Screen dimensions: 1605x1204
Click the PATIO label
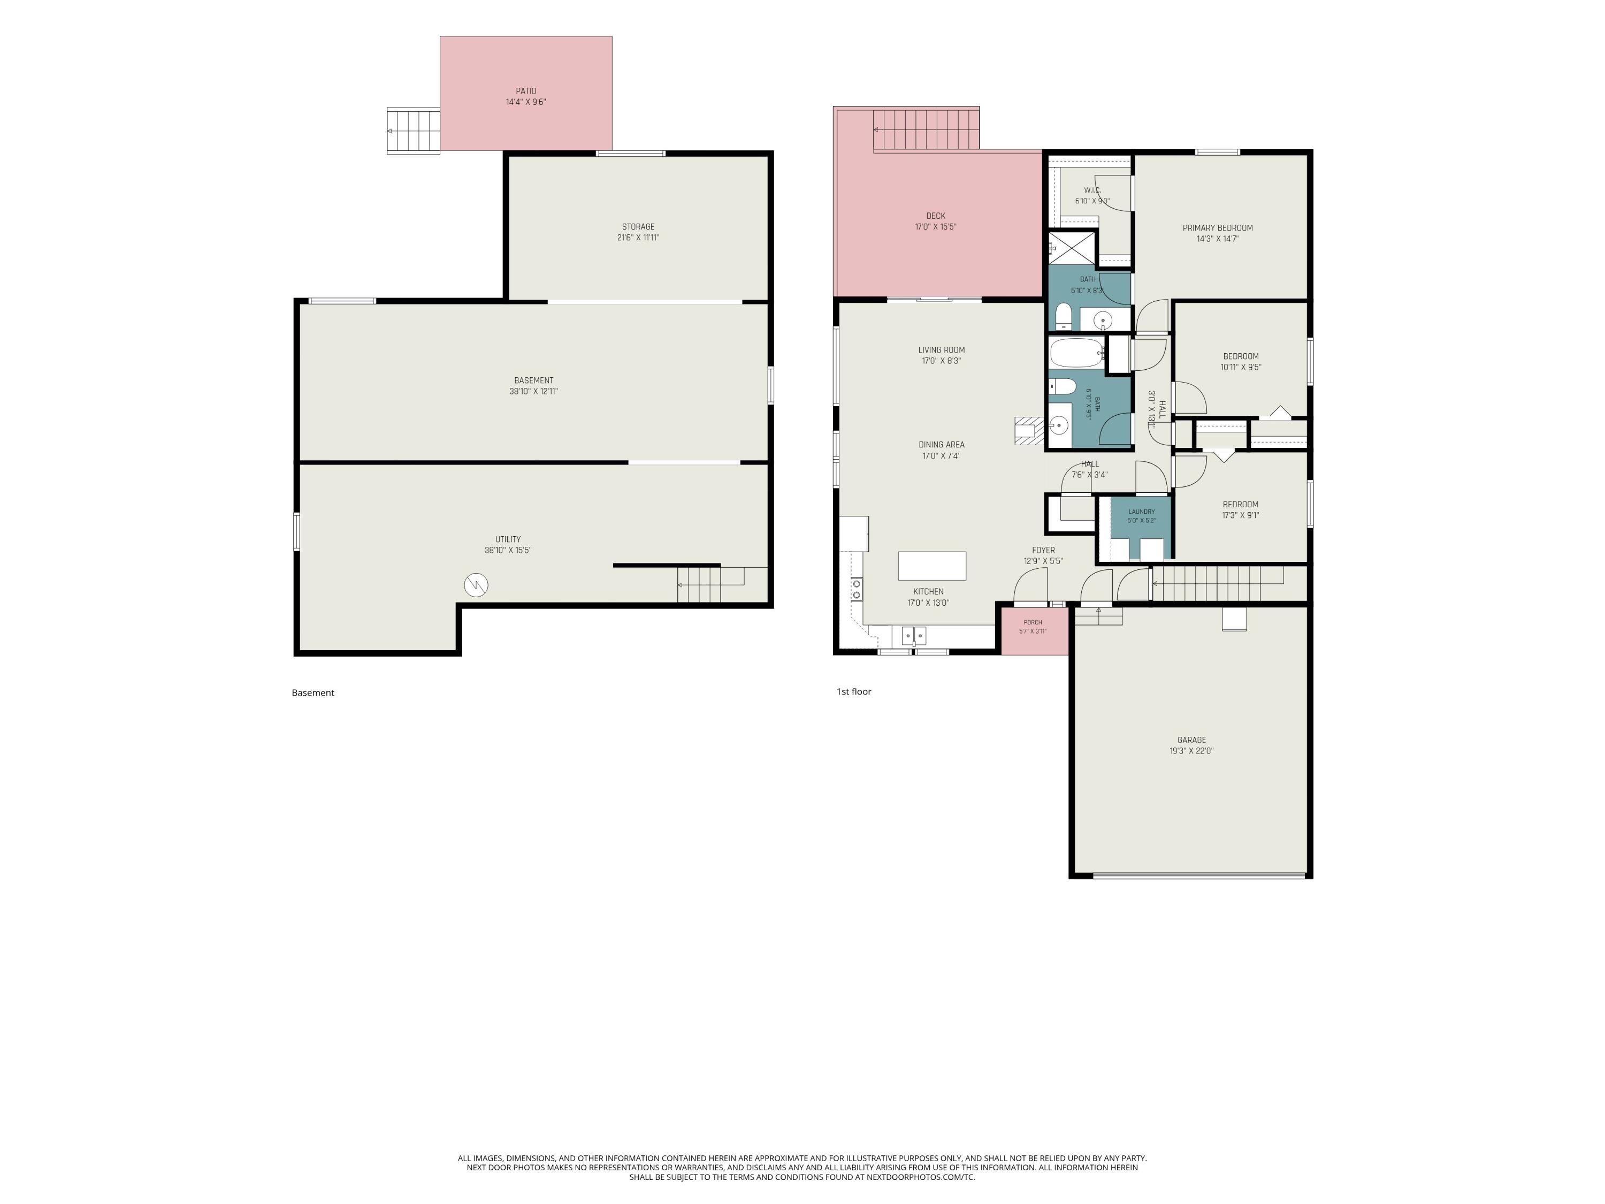coord(526,92)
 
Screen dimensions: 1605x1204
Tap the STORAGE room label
coord(638,226)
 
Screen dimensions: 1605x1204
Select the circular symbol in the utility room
coord(476,585)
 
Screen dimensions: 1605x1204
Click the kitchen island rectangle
coord(931,566)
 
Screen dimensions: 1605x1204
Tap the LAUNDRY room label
coord(1141,512)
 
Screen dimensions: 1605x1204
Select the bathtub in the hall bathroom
coord(1077,353)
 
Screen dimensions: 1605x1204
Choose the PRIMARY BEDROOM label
coord(1218,228)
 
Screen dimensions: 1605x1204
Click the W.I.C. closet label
coord(1092,190)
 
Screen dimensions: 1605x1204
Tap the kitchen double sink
coord(914,636)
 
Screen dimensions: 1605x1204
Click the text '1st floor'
coord(854,691)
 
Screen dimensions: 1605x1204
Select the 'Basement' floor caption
coord(313,693)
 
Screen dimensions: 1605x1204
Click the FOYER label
coord(1043,550)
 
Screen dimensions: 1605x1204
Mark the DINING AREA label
coord(941,445)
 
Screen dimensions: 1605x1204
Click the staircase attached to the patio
coord(414,131)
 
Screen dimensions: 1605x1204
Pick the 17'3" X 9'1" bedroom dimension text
coord(1240,516)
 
